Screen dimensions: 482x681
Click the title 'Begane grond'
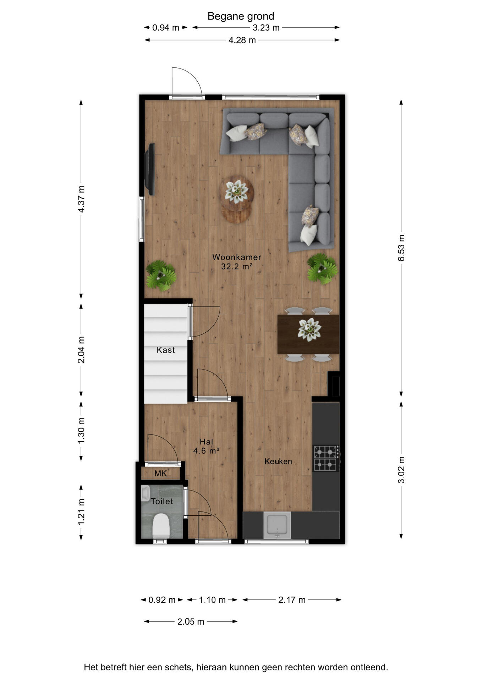(x=241, y=16)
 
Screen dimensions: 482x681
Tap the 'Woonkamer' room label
(x=237, y=257)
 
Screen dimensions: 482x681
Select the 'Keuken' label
(x=278, y=461)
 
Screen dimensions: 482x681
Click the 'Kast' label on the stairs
(x=166, y=350)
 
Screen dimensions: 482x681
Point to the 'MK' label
(x=160, y=474)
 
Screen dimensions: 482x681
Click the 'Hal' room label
(x=206, y=442)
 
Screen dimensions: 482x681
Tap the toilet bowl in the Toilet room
(x=161, y=526)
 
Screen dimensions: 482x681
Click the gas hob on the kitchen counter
(x=325, y=458)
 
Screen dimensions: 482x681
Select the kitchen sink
(x=277, y=525)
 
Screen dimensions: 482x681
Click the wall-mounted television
(x=150, y=169)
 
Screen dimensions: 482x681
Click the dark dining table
(x=308, y=334)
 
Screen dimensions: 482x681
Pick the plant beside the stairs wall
(x=161, y=276)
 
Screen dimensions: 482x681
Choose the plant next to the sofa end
(x=322, y=268)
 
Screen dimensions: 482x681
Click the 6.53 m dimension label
(x=401, y=248)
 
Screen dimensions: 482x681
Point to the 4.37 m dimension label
(x=81, y=199)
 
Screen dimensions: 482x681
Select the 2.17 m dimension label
(x=292, y=600)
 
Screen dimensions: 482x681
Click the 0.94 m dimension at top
(x=166, y=28)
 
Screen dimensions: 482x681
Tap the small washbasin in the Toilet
(x=145, y=493)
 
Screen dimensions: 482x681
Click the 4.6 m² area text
(x=206, y=451)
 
